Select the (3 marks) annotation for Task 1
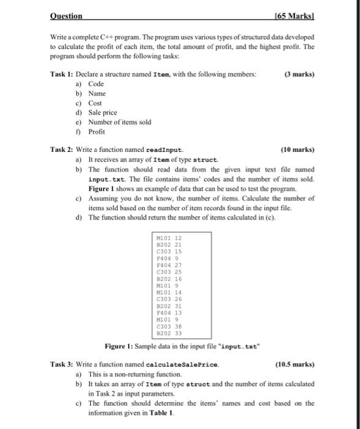tap(299, 74)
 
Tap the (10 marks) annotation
tap(297, 150)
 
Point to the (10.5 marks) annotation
tap(296, 365)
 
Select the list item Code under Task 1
tap(96, 84)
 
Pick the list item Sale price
tap(102, 113)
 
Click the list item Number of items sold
tap(120, 122)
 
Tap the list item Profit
tap(97, 131)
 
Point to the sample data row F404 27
tap(170, 264)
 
